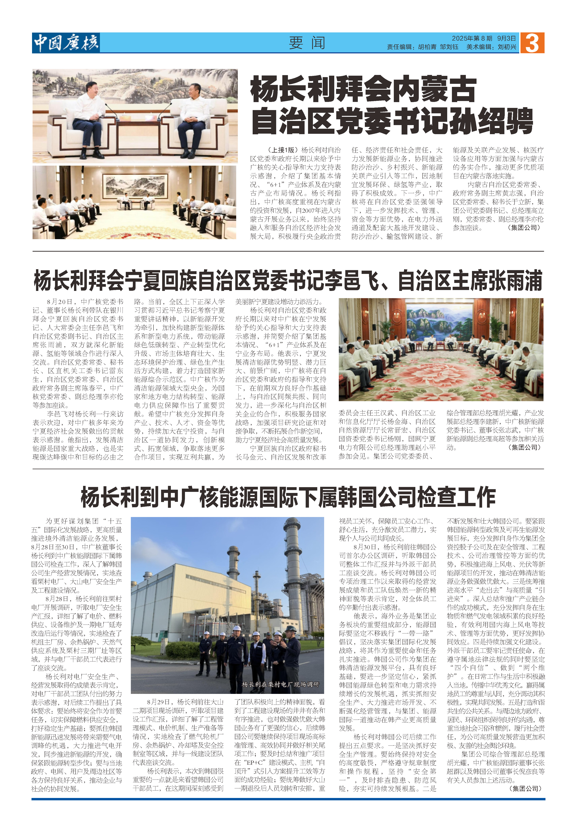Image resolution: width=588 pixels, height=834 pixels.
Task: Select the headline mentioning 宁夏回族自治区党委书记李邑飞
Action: (x=288, y=280)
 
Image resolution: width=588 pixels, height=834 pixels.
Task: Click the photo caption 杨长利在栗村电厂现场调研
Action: (x=280, y=684)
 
